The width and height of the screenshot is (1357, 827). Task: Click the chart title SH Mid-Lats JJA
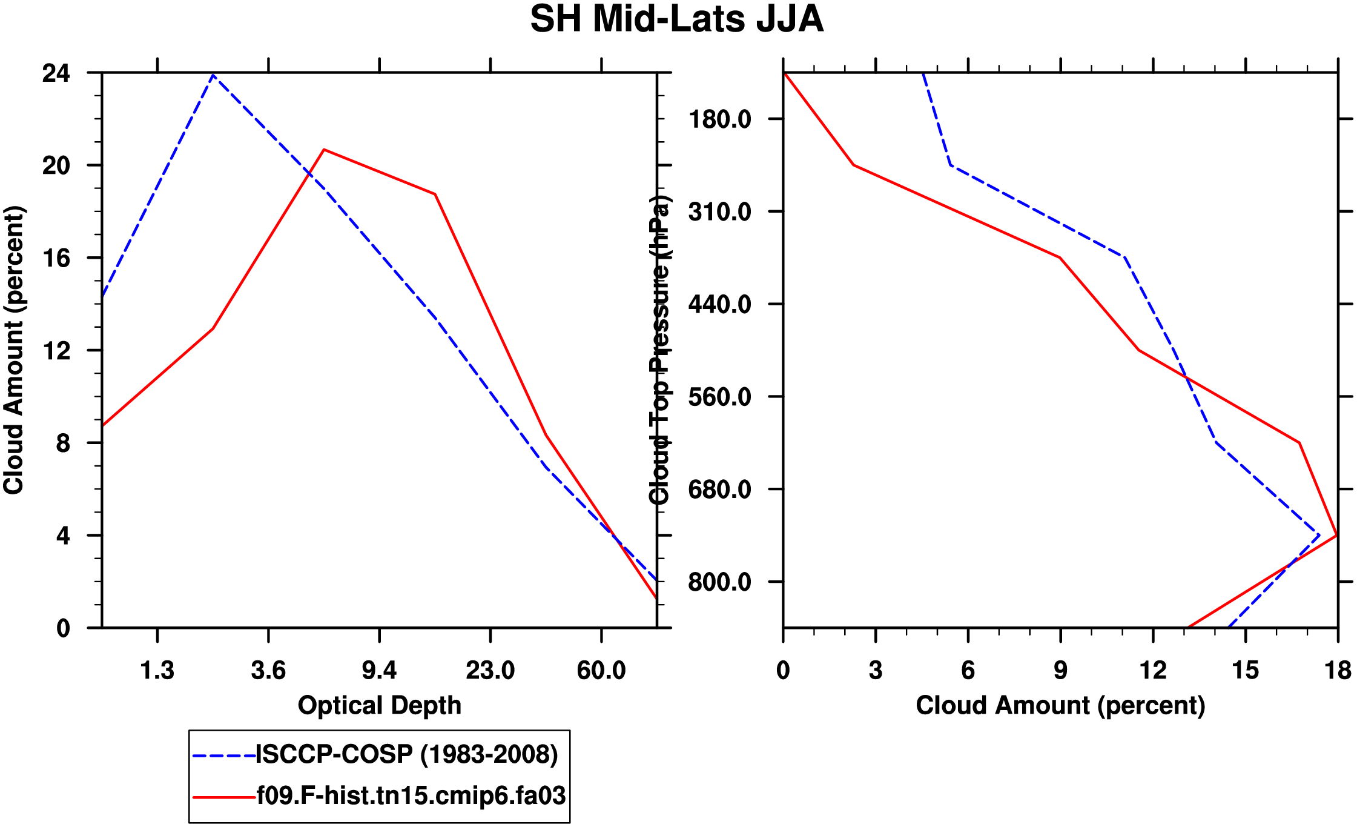pyautogui.click(x=676, y=19)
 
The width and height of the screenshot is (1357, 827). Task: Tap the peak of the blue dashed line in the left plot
pyautogui.click(x=213, y=75)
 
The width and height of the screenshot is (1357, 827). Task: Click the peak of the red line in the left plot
pyautogui.click(x=324, y=149)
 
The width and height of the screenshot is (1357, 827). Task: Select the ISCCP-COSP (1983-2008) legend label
pyautogui.click(x=406, y=754)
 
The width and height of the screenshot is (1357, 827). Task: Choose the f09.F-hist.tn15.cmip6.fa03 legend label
pyautogui.click(x=411, y=795)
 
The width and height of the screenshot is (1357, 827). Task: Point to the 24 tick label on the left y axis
pyautogui.click(x=56, y=73)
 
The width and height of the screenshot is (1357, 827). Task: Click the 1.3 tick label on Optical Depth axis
pyautogui.click(x=157, y=671)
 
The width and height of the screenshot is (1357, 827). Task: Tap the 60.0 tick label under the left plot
pyautogui.click(x=601, y=671)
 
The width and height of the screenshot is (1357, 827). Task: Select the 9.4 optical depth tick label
pyautogui.click(x=379, y=671)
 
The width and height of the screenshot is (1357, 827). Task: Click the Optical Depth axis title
pyautogui.click(x=380, y=706)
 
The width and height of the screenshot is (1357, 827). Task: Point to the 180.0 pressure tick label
pyautogui.click(x=720, y=119)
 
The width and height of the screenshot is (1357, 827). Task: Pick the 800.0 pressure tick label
pyautogui.click(x=720, y=582)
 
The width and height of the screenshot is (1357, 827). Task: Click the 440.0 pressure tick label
pyautogui.click(x=720, y=304)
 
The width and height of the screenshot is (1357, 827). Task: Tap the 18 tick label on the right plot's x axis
pyautogui.click(x=1338, y=671)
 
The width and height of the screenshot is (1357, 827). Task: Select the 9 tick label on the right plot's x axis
pyautogui.click(x=1060, y=671)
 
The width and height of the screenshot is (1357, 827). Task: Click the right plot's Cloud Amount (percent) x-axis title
pyautogui.click(x=1060, y=706)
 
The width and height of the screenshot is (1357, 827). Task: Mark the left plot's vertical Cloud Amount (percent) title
pyautogui.click(x=13, y=350)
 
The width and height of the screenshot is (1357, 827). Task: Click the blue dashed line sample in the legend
pyautogui.click(x=223, y=756)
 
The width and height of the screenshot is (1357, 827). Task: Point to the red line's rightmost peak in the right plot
pyautogui.click(x=1336, y=535)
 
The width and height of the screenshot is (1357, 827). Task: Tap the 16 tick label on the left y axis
pyautogui.click(x=56, y=258)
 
